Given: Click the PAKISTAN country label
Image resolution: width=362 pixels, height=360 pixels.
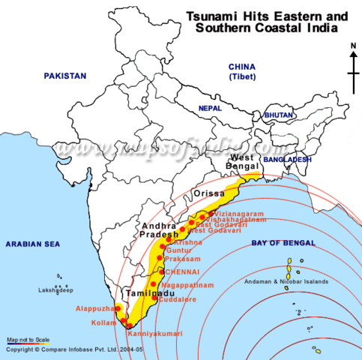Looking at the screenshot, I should pyautogui.click(x=65, y=76).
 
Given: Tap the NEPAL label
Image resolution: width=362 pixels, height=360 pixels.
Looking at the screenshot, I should pyautogui.click(x=211, y=109).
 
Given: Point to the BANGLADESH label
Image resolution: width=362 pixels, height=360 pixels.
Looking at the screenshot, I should pyautogui.click(x=286, y=160).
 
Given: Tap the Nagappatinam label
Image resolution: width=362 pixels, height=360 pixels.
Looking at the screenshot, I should pyautogui.click(x=183, y=285).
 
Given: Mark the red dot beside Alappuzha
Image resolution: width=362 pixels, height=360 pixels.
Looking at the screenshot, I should pyautogui.click(x=118, y=307).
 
